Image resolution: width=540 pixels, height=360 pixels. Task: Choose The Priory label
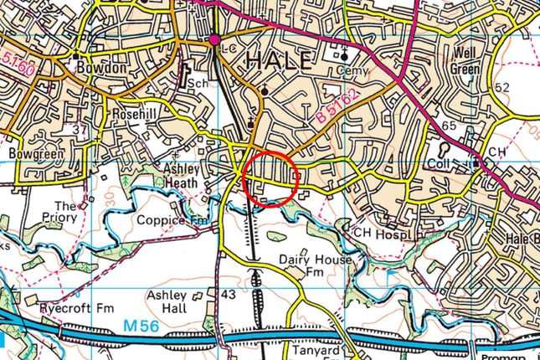click(65, 212)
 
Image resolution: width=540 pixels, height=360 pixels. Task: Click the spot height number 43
click(227, 295)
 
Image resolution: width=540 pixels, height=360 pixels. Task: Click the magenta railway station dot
click(215, 39)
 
